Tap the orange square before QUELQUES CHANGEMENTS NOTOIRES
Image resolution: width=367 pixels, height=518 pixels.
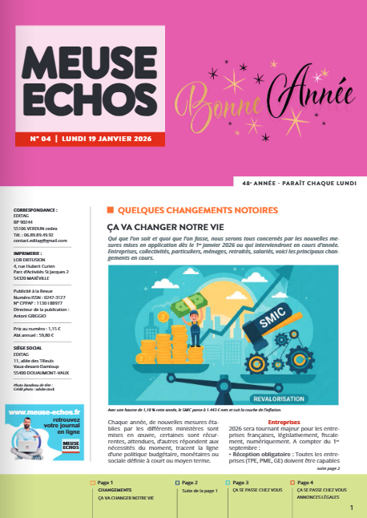(111, 210)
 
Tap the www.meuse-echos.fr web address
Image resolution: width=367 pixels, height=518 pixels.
(49, 411)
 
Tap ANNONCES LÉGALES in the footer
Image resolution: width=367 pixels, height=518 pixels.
(320, 497)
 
